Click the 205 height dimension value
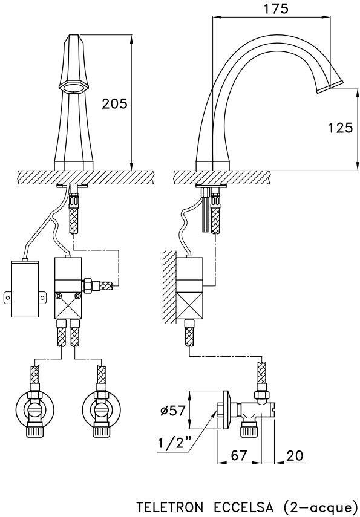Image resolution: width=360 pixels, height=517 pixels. click(x=114, y=104)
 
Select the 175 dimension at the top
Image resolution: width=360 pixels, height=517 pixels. click(x=276, y=9)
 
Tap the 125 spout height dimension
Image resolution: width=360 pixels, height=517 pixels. click(x=341, y=127)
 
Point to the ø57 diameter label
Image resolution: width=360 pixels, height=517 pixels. click(x=172, y=411)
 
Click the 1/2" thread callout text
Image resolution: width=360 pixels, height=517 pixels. click(x=175, y=443)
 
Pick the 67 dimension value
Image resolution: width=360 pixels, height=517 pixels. click(x=238, y=455)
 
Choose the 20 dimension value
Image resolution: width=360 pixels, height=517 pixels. click(x=295, y=455)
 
